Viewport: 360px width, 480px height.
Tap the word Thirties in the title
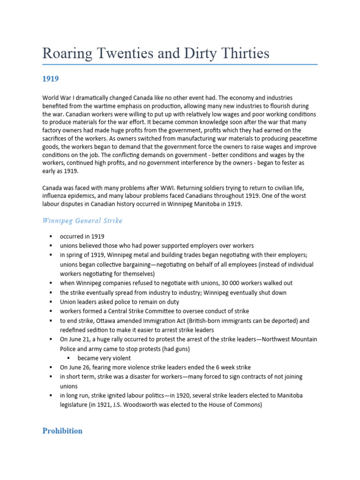(245, 53)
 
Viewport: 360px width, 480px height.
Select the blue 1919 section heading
(51, 79)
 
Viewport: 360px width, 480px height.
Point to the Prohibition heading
(62, 430)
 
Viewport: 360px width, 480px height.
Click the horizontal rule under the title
(180, 64)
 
